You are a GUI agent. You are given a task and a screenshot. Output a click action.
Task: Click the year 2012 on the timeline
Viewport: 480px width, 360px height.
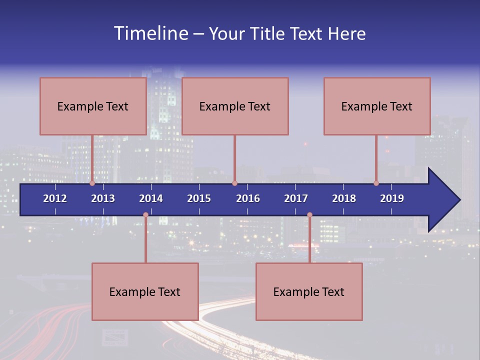click(x=55, y=198)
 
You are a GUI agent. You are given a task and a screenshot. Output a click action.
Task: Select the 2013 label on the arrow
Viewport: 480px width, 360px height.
click(x=103, y=198)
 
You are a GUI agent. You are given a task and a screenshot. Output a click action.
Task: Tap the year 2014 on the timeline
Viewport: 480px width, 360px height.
click(x=151, y=198)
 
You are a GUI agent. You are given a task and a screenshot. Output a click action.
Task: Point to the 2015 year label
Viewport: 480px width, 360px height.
click(x=199, y=198)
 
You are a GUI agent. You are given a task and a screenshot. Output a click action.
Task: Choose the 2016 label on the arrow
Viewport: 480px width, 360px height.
click(x=248, y=198)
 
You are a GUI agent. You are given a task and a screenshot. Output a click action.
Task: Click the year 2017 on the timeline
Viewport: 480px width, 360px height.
click(x=296, y=198)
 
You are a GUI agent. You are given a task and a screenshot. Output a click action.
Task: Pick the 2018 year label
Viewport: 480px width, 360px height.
click(x=344, y=198)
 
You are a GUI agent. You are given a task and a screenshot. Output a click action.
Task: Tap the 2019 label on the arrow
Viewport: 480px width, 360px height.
click(x=392, y=198)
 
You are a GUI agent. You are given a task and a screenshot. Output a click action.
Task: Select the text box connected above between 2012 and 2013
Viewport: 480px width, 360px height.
click(x=93, y=106)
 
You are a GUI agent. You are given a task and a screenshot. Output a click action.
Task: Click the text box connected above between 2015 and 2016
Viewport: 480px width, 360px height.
click(x=235, y=106)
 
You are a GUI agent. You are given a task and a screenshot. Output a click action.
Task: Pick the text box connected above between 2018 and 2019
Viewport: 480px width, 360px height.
click(x=377, y=106)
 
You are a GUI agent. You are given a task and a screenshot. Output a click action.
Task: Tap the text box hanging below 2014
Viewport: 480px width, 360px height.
click(x=145, y=291)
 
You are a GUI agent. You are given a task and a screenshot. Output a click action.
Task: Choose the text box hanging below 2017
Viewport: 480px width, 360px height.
click(x=309, y=291)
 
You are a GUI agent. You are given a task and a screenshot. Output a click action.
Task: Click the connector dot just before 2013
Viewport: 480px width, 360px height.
click(x=92, y=183)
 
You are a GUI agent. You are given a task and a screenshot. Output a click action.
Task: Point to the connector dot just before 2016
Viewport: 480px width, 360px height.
click(x=234, y=183)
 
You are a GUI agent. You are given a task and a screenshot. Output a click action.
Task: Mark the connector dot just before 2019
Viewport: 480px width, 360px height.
click(x=376, y=183)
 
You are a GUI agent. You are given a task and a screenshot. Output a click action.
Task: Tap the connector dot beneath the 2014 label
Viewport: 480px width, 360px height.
click(x=145, y=215)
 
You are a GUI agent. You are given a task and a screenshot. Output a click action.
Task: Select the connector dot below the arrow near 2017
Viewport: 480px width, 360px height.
click(x=309, y=215)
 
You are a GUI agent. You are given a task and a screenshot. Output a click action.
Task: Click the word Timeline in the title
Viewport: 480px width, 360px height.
click(x=150, y=33)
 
